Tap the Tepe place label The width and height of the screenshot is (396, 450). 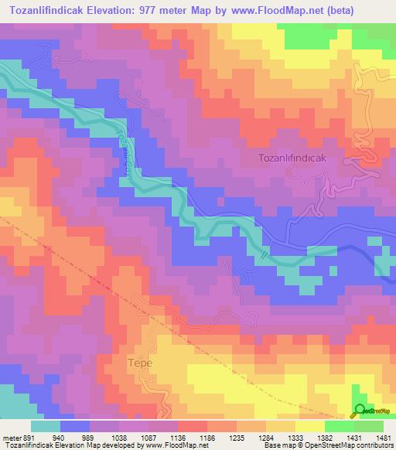click(x=140, y=362)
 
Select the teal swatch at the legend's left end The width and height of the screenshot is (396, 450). click(x=46, y=426)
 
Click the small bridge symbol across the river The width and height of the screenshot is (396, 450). click(x=265, y=253)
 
